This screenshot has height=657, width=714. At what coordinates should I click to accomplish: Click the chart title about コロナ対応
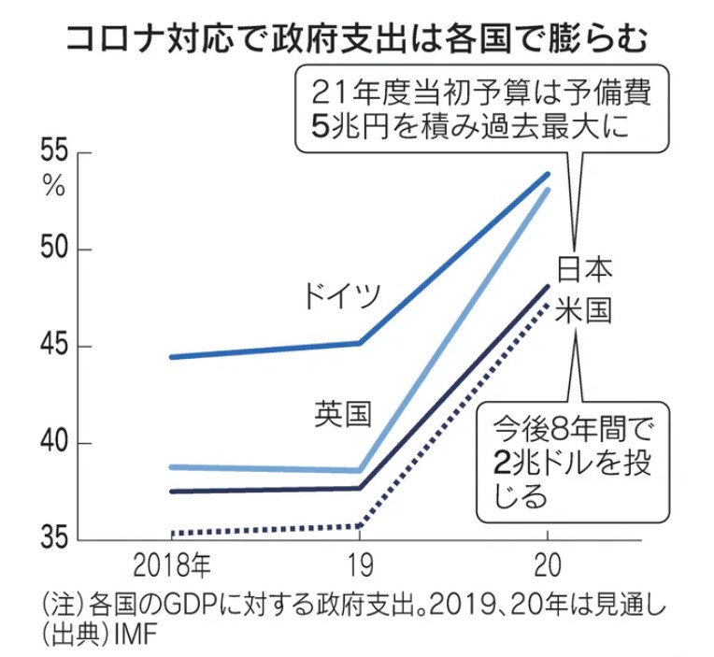pos(356,40)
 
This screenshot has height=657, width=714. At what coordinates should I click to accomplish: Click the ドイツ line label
pos(342,297)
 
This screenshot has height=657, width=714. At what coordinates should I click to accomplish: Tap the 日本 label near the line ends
pos(584,270)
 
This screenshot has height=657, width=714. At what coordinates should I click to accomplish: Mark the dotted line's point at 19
pos(360,526)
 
